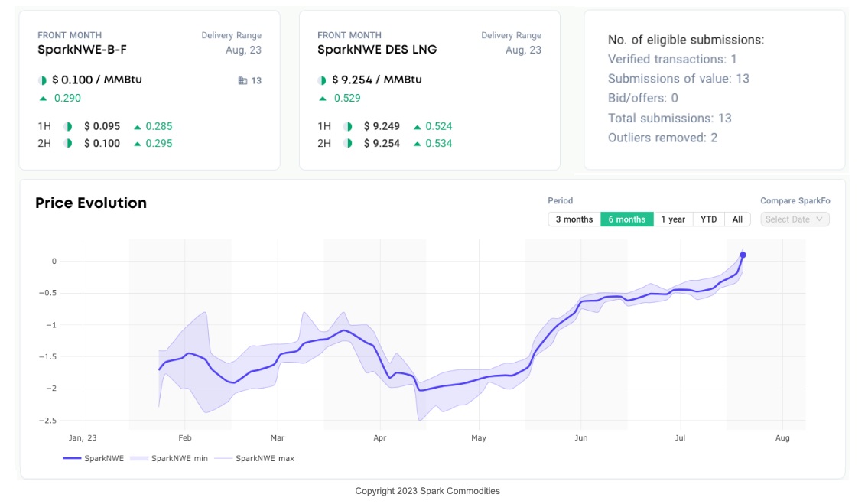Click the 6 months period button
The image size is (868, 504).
coord(627,219)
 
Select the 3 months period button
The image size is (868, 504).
coord(574,219)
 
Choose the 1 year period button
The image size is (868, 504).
coord(673,219)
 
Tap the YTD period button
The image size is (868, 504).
coord(709,219)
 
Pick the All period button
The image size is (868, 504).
coord(737,219)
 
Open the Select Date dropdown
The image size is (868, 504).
coord(795,219)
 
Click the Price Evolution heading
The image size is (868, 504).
coord(91,203)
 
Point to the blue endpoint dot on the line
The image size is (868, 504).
coord(743,255)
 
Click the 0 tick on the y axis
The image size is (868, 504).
coord(54,262)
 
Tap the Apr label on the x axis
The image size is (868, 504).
coord(379,438)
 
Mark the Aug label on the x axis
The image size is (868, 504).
coord(782,438)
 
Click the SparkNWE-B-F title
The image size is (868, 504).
coord(82,50)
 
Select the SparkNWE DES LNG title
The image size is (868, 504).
coord(377,50)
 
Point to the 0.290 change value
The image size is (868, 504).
coord(67,98)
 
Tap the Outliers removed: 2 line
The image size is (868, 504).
coord(662,138)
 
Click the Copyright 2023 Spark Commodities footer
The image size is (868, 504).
coord(427,491)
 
